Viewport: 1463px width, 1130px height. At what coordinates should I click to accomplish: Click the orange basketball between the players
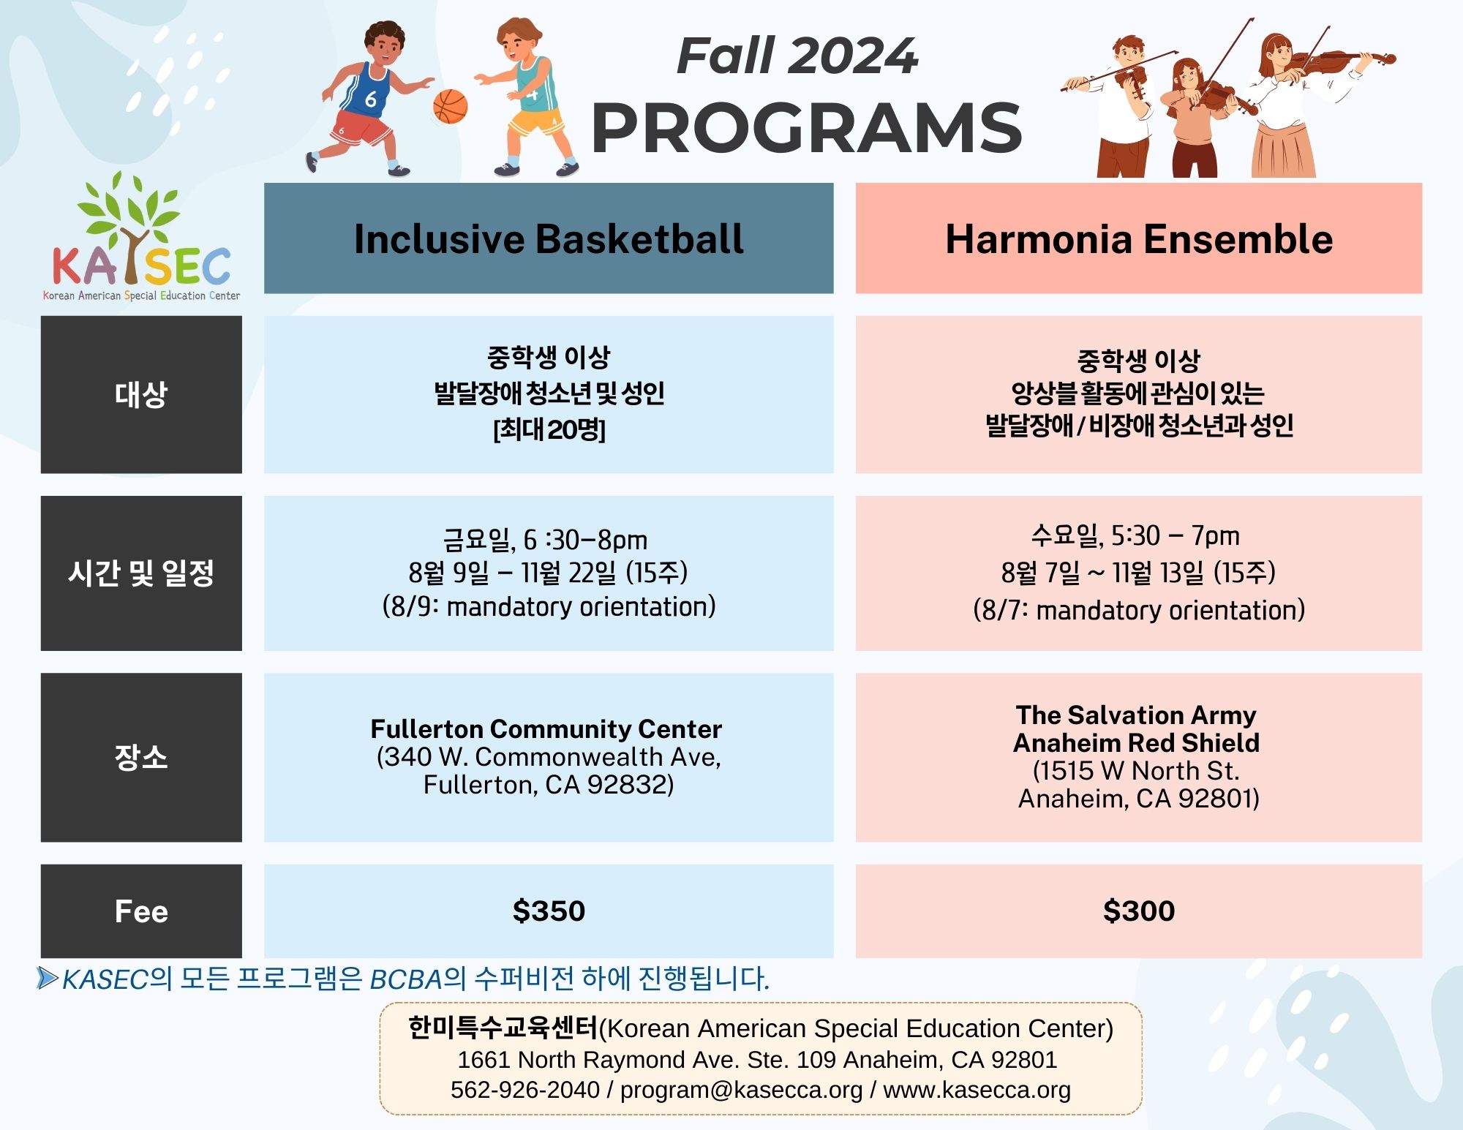pyautogui.click(x=450, y=107)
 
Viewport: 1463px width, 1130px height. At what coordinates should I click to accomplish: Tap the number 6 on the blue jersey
pyautogui.click(x=371, y=99)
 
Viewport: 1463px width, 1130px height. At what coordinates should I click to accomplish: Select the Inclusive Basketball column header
pyautogui.click(x=549, y=238)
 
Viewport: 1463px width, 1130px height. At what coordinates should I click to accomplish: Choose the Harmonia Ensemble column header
pyautogui.click(x=1139, y=238)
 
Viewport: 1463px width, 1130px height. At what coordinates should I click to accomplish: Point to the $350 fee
pyautogui.click(x=549, y=911)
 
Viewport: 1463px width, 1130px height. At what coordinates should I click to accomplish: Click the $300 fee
pyautogui.click(x=1139, y=911)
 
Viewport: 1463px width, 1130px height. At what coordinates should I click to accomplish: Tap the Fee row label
pyautogui.click(x=141, y=911)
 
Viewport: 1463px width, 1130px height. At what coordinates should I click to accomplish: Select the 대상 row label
pyautogui.click(x=141, y=394)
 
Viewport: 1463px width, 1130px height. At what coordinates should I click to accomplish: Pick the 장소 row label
pyautogui.click(x=141, y=757)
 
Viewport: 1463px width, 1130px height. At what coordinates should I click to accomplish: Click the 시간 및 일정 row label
pyautogui.click(x=141, y=573)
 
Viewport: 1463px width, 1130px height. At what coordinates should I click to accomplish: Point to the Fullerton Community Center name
pyautogui.click(x=546, y=728)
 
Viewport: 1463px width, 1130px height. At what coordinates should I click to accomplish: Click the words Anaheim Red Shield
pyautogui.click(x=1137, y=742)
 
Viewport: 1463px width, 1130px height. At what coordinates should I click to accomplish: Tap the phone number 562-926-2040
pyautogui.click(x=524, y=1090)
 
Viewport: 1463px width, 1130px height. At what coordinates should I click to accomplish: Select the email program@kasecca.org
pyautogui.click(x=742, y=1090)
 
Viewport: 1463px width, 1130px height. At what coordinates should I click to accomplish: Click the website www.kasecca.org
pyautogui.click(x=977, y=1090)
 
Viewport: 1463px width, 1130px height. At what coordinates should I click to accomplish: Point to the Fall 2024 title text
pyautogui.click(x=797, y=56)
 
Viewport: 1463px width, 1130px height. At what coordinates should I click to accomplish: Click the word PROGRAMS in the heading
pyautogui.click(x=806, y=128)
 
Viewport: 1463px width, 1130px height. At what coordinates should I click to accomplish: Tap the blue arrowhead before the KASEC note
pyautogui.click(x=48, y=978)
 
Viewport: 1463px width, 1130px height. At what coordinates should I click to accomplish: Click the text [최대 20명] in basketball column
pyautogui.click(x=549, y=429)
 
